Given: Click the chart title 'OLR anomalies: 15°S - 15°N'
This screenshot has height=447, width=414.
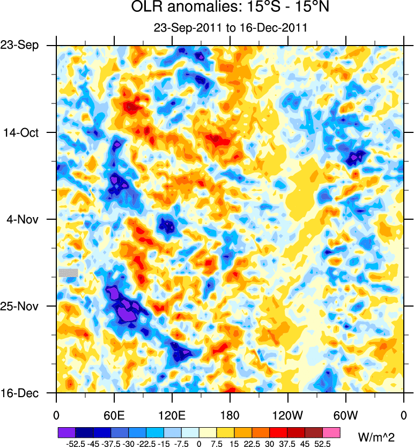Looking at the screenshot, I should point(230,8).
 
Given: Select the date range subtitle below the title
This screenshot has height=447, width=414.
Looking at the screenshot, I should point(230,28).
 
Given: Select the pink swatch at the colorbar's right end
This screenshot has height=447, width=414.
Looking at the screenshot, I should point(331,431).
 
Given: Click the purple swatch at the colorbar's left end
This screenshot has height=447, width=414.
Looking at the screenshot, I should point(66,431).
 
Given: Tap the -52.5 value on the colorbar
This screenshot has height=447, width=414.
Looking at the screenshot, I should point(75,444).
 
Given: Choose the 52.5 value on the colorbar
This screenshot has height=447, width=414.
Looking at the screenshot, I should point(322,444).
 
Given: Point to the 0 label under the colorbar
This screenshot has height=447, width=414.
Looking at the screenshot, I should point(198,444).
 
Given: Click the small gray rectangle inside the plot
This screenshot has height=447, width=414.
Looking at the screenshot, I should point(68,273).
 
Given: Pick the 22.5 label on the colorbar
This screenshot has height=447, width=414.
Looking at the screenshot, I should point(252,444).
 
